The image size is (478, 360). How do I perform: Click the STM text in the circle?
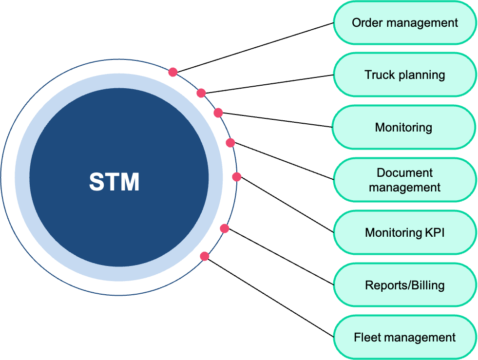[115, 182]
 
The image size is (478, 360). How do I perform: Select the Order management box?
[404, 23]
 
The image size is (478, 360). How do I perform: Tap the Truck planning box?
[404, 75]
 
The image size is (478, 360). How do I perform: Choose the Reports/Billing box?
[404, 285]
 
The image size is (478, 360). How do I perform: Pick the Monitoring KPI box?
[404, 233]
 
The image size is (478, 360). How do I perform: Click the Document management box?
[404, 180]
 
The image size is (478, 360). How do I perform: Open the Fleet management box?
[404, 338]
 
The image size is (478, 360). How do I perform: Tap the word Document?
[404, 173]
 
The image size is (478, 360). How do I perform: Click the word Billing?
[427, 285]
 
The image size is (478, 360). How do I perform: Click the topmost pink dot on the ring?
[172, 72]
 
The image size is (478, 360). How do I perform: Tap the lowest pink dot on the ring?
[205, 256]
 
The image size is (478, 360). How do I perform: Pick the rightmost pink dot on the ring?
[236, 177]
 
